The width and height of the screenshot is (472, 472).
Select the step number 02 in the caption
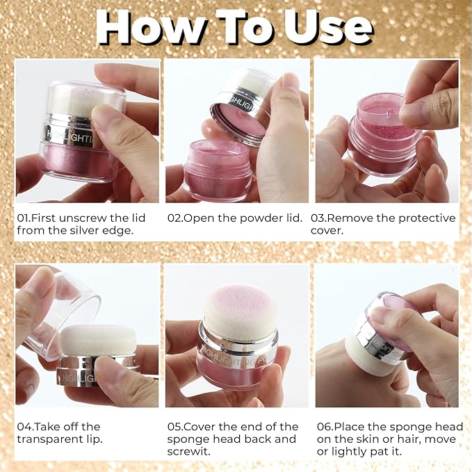tap(174, 218)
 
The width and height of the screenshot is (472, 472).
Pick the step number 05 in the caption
tap(174, 427)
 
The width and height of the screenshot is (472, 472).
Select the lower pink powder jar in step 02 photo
tap(217, 170)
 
